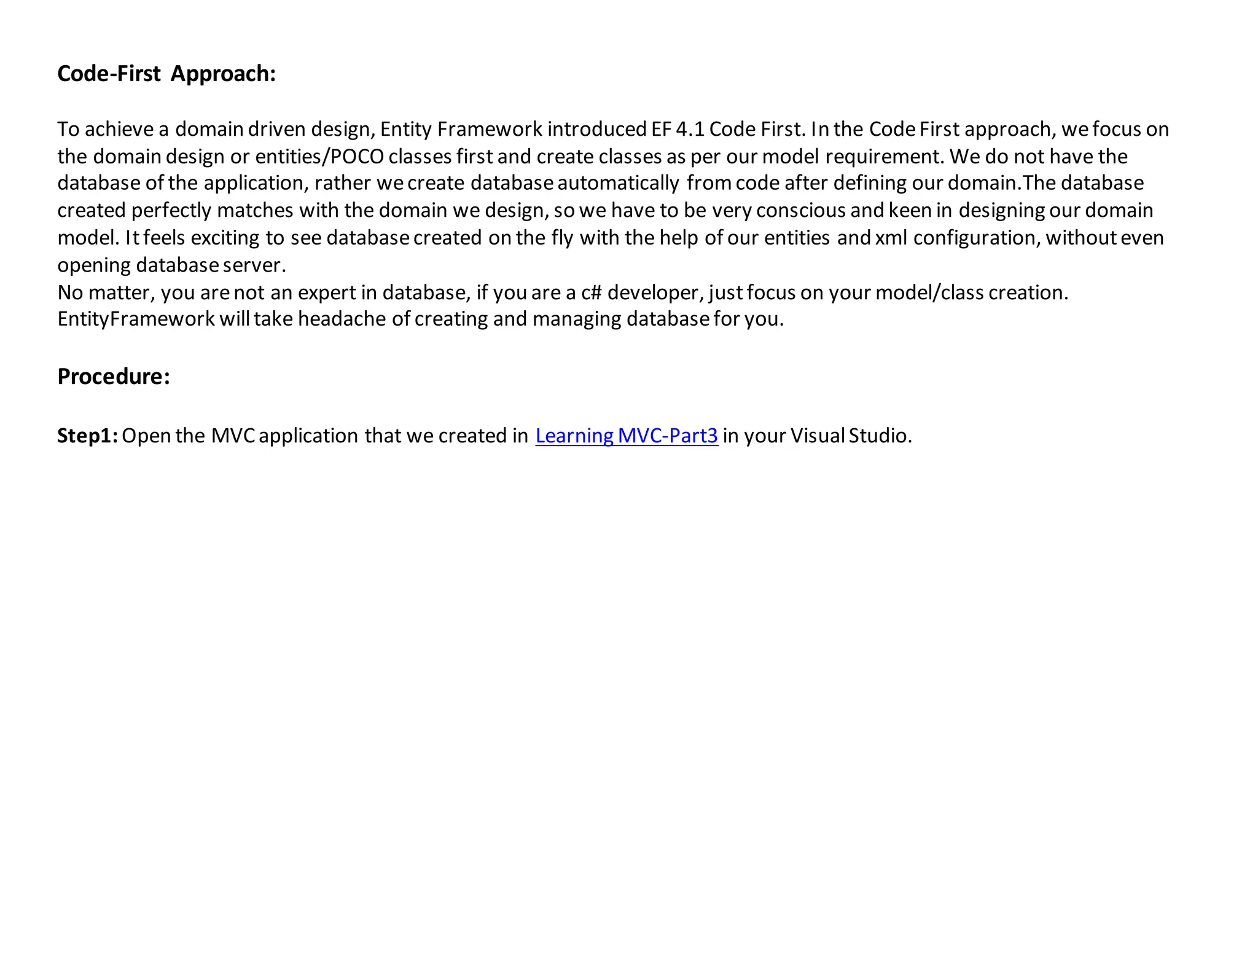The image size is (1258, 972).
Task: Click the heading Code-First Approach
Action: click(166, 74)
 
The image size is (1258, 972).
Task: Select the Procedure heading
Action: click(113, 377)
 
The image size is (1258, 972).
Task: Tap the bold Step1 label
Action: click(87, 436)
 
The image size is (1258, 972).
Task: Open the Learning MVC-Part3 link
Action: click(627, 436)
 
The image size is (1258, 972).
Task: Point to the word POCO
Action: click(357, 157)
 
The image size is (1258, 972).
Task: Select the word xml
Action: click(891, 238)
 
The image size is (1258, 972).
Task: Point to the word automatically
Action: click(618, 183)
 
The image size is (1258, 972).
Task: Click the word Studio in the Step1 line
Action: click(880, 436)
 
